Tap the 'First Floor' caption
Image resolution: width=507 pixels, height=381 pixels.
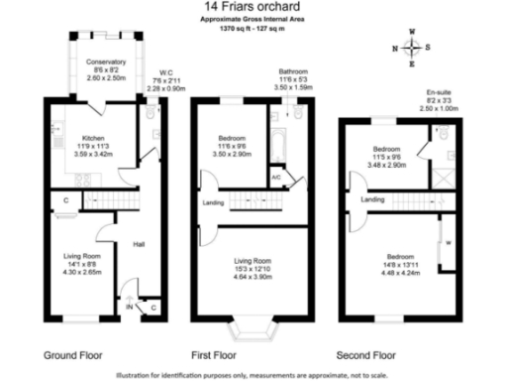[216, 353]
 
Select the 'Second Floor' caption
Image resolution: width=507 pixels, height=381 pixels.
[367, 353]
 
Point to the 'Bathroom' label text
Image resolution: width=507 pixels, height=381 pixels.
[293, 72]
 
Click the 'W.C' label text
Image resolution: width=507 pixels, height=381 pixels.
[166, 72]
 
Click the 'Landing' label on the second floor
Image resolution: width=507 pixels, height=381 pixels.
[372, 199]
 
